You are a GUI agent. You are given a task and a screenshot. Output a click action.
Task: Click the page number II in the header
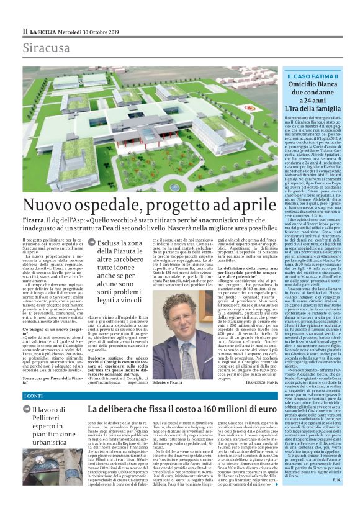25,31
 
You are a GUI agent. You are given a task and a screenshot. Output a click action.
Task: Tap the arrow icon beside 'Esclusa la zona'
91,243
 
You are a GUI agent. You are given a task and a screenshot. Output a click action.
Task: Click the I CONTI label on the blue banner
34,396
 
